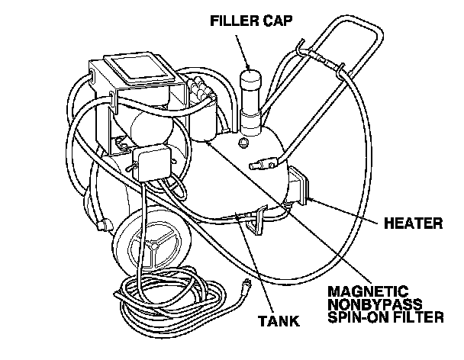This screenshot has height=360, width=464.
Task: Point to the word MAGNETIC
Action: click(367, 291)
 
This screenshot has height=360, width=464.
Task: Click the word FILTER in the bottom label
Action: click(417, 317)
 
